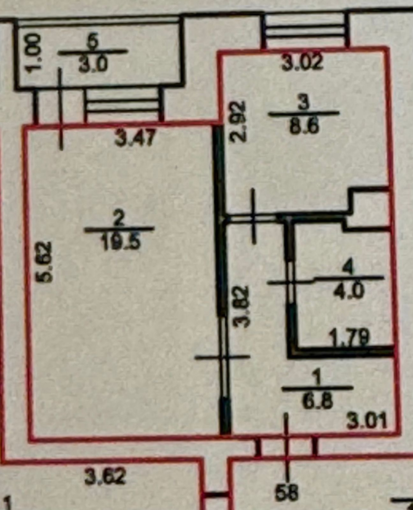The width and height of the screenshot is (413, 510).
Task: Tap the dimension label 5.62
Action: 44,262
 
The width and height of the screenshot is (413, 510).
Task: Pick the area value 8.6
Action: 304,127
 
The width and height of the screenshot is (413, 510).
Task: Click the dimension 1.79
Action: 350,339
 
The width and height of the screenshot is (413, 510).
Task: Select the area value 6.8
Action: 318,401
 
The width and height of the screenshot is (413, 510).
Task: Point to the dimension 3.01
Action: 367,420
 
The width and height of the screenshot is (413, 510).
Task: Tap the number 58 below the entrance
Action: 288,492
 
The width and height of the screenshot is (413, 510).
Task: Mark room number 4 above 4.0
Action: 349,267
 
